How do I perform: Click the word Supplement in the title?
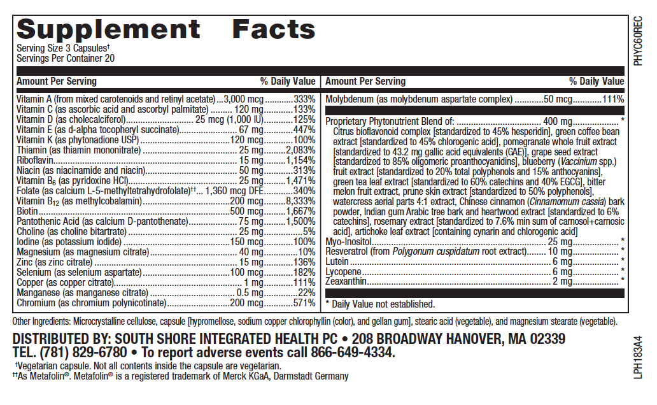tap(108, 29)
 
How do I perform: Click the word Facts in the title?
tap(274, 29)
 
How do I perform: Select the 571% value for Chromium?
tap(304, 303)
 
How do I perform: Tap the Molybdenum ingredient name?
tap(351, 99)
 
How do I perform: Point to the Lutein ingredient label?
tap(337, 262)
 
